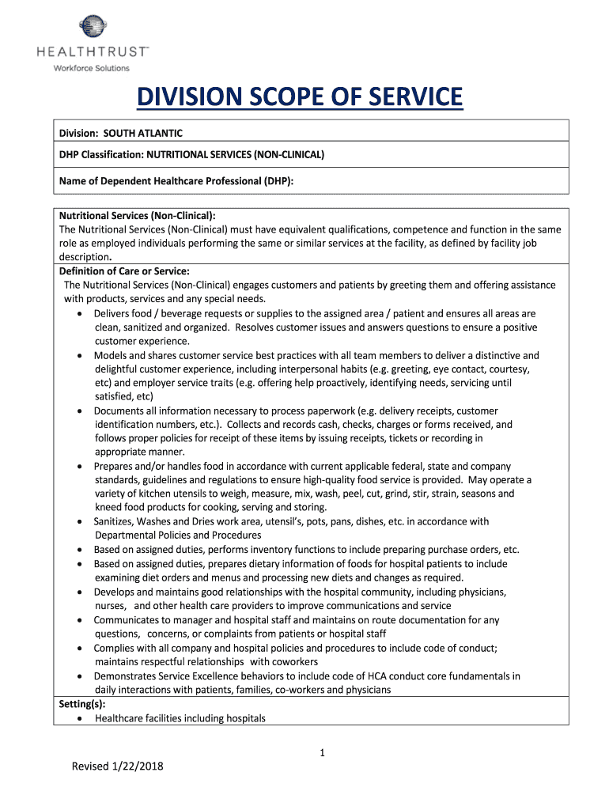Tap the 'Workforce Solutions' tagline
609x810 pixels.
pos(91,68)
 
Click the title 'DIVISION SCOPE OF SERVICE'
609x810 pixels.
pos(299,97)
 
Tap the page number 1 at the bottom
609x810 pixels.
pos(323,753)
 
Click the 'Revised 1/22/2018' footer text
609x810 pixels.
pos(117,766)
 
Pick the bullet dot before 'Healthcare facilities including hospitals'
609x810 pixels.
pos(83,719)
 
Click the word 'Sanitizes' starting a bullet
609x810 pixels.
pos(117,521)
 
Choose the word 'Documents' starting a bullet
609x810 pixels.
pos(119,411)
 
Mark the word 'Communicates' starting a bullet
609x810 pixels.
pos(127,620)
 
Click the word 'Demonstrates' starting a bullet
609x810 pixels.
pos(125,676)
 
